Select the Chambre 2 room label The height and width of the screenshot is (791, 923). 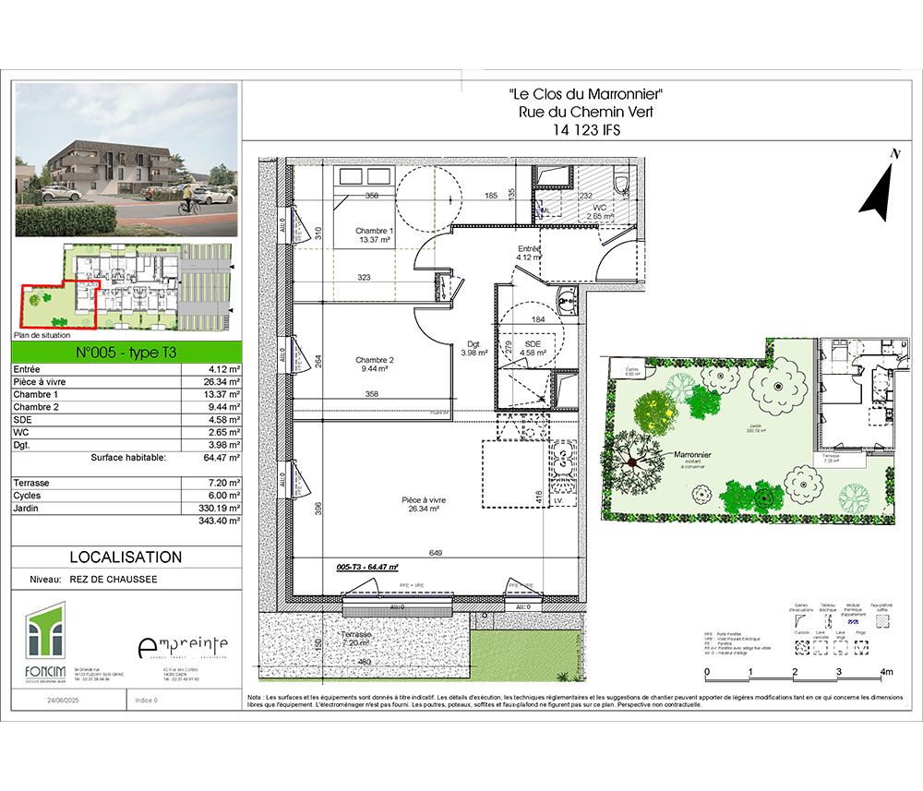[x=375, y=360]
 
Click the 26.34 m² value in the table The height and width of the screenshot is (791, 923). [x=222, y=380]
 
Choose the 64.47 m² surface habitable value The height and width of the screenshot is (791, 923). [x=222, y=457]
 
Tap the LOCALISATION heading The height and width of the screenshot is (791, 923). [x=126, y=557]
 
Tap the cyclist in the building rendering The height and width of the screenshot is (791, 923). [x=186, y=199]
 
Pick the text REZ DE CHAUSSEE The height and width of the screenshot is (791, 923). [x=114, y=580]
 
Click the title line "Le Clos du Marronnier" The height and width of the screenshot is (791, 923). [x=586, y=94]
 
